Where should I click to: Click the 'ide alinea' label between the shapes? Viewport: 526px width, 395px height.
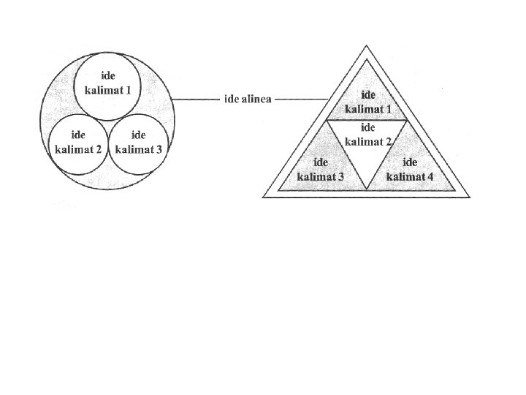248,99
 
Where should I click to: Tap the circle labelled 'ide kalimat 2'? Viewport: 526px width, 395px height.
77,143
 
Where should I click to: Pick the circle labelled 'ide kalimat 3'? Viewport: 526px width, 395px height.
139,143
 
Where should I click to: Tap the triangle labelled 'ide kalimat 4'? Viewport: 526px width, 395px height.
411,170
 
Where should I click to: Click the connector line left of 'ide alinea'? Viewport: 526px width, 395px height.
196,99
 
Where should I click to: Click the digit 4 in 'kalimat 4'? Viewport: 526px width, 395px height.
430,176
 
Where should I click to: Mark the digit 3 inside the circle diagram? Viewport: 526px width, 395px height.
159,149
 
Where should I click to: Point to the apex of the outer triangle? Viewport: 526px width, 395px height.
367,46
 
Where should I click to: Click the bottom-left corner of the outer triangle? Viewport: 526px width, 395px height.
263,197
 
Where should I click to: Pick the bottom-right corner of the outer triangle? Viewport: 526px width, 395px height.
470,197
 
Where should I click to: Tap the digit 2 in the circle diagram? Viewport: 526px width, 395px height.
98,149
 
